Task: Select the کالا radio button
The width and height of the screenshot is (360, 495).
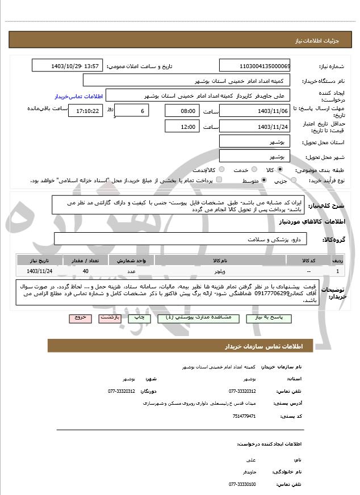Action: pos(280,170)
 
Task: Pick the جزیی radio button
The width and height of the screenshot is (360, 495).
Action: pos(294,181)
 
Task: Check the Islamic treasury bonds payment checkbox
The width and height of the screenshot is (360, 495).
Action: pos(219,181)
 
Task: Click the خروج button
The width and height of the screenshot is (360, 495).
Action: pos(79,318)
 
